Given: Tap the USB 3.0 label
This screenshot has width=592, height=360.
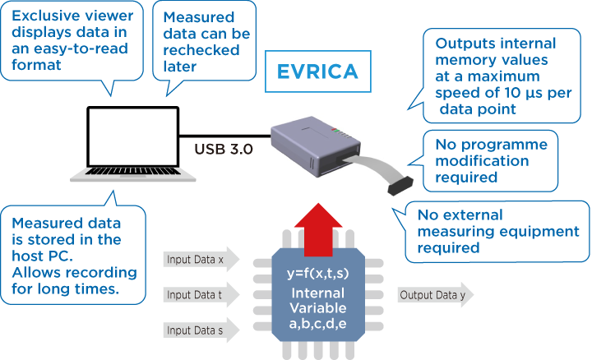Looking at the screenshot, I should click(x=224, y=150).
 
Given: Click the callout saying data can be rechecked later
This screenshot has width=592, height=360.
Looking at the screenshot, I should click(x=206, y=41).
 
